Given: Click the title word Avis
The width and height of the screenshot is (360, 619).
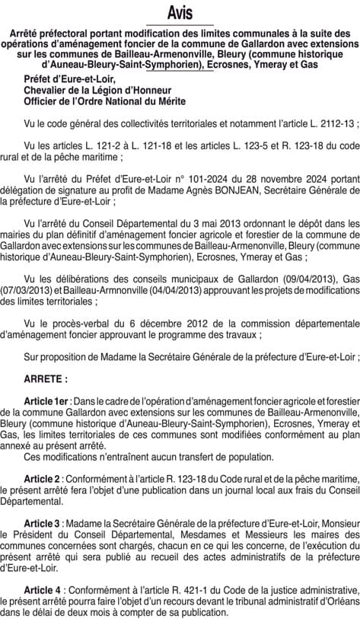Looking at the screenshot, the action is (180, 13).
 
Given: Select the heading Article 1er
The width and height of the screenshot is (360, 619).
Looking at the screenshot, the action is (47, 400).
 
